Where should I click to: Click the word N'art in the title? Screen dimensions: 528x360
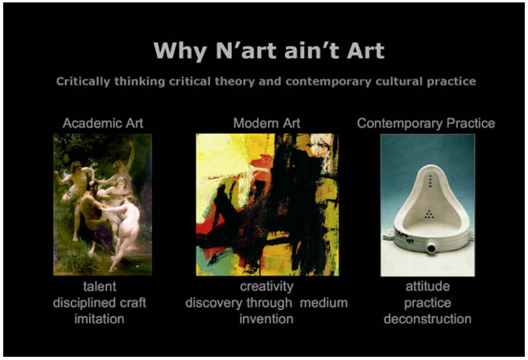tap(245, 51)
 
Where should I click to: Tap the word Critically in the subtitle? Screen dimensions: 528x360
tap(83, 82)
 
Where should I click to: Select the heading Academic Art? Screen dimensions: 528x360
tap(103, 123)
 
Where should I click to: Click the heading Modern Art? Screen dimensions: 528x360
tap(266, 123)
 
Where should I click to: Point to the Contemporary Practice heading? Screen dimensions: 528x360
tap(426, 123)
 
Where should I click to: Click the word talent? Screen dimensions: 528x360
tap(100, 287)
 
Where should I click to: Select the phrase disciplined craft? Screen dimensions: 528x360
tap(99, 303)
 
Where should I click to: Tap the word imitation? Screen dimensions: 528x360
tap(99, 319)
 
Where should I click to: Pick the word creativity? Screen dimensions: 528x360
tap(266, 287)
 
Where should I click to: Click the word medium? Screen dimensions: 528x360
tap(324, 303)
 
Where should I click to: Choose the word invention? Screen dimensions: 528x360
tap(266, 319)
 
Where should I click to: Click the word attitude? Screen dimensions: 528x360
tap(427, 287)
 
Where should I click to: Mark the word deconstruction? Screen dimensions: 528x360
tap(427, 319)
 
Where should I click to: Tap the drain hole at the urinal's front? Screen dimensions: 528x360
tap(431, 249)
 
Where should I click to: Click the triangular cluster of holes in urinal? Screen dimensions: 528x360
tap(429, 213)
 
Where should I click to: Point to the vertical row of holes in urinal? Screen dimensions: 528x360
tap(431, 181)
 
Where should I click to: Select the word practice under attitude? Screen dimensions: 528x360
tap(427, 303)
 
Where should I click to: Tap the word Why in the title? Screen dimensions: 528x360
tap(179, 52)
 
